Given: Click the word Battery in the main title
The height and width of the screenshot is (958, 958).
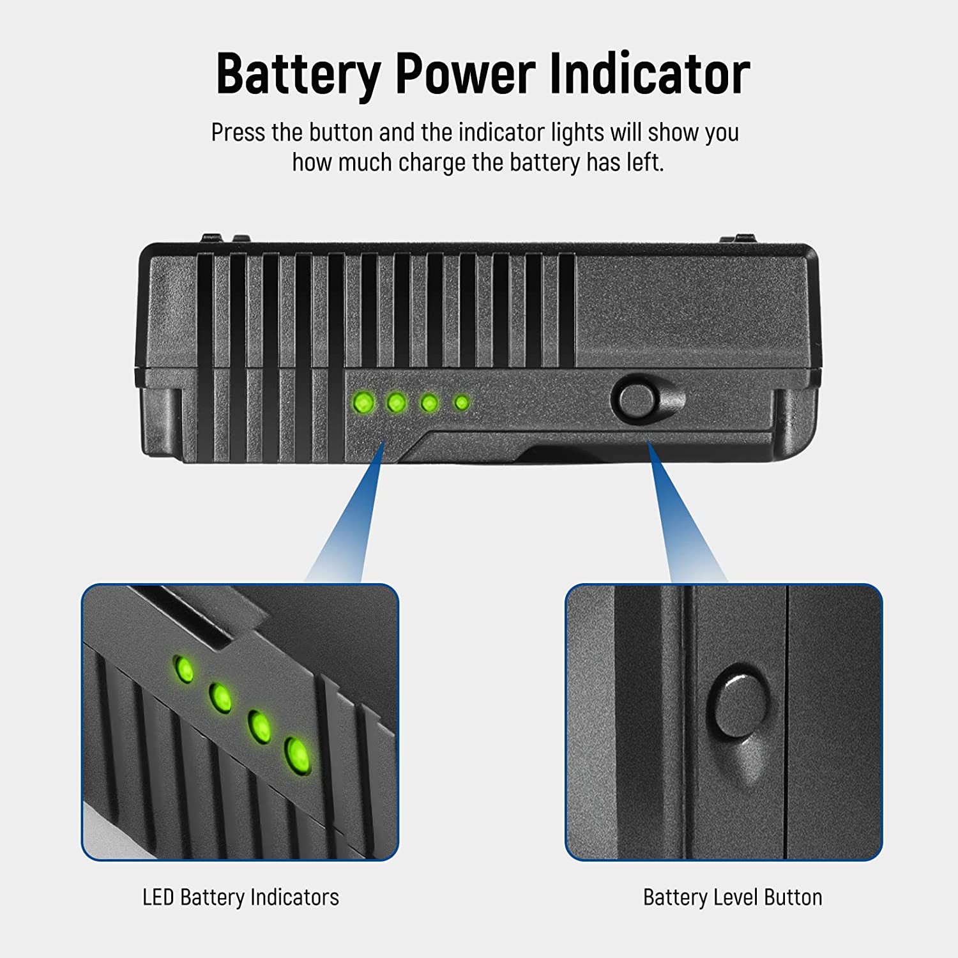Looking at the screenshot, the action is (298, 75).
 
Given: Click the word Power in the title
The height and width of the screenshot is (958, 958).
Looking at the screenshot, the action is (465, 74).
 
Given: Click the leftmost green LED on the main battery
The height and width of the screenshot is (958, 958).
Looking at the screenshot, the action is (364, 403).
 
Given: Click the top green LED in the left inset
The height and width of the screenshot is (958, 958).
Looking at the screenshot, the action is (184, 669).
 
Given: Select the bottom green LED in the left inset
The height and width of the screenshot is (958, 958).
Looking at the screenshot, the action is (297, 755).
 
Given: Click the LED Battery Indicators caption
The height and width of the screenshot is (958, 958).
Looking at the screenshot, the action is (241, 897).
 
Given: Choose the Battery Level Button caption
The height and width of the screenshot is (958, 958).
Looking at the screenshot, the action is (733, 897).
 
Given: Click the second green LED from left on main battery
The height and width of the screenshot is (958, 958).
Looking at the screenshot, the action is (397, 403).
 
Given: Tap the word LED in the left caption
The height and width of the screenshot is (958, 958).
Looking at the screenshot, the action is (158, 897).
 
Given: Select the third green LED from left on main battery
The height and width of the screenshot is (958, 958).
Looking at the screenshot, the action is (429, 403).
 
